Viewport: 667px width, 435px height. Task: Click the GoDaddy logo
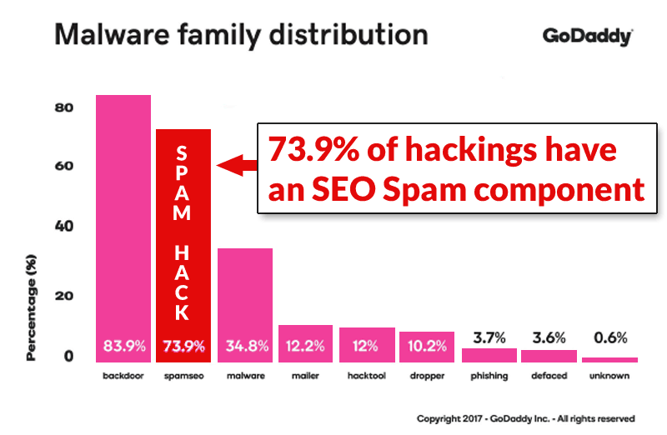[586, 37]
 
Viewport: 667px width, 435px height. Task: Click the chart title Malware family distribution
[241, 36]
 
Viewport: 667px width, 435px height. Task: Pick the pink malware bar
[245, 292]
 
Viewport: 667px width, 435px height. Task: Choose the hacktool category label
[367, 376]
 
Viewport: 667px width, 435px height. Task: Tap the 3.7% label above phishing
[489, 337]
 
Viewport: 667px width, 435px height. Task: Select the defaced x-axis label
[549, 376]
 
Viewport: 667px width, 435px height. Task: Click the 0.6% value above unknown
[609, 337]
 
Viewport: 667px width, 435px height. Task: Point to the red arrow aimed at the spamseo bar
[233, 166]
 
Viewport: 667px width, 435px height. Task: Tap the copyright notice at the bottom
[525, 418]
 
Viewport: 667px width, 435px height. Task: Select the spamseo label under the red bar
[183, 376]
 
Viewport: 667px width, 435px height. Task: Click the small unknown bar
[609, 359]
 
